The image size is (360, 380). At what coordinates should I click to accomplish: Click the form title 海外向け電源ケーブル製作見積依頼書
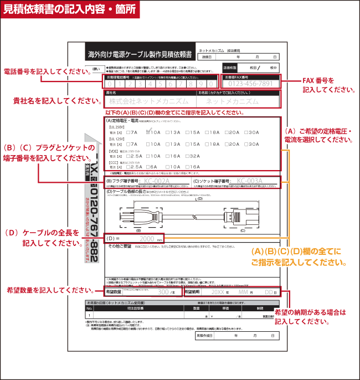pyautogui.click(x=140, y=55)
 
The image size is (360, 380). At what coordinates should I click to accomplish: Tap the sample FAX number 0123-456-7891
pyautogui.click(x=250, y=84)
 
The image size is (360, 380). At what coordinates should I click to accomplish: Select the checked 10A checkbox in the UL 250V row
pyautogui.click(x=148, y=132)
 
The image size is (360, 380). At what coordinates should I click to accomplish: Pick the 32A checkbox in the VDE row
pyautogui.click(x=189, y=156)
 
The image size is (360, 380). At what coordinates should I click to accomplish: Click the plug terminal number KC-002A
pyautogui.click(x=156, y=181)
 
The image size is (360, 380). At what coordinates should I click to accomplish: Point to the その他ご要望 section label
pyautogui.click(x=119, y=246)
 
